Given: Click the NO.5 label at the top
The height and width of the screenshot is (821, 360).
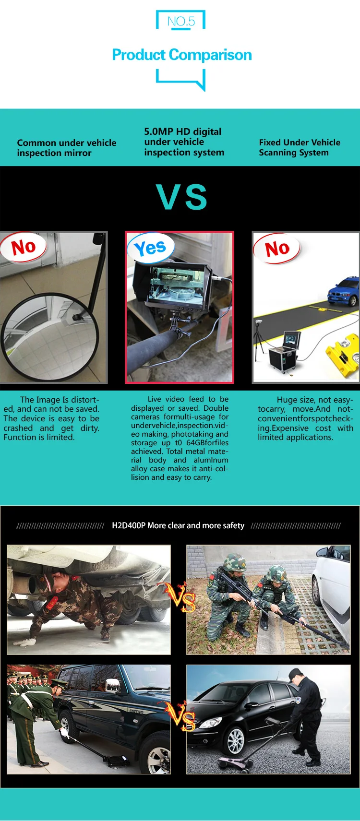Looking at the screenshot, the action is (x=181, y=21).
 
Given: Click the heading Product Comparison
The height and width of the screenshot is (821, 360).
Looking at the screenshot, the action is (x=182, y=55).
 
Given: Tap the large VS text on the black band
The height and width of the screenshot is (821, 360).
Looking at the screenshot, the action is (x=181, y=197).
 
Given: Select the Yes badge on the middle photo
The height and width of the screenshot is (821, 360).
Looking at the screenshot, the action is (x=150, y=248).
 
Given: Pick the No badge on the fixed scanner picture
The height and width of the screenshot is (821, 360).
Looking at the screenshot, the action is (x=277, y=249).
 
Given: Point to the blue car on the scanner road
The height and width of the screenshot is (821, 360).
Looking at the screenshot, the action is (x=343, y=291).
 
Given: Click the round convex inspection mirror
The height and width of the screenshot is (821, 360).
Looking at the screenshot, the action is (x=50, y=337).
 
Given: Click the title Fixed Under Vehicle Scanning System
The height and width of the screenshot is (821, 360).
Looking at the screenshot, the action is (x=300, y=147).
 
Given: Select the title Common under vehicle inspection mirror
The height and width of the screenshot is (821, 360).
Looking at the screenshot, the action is (x=66, y=148).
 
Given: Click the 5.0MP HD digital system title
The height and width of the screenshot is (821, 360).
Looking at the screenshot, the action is (x=184, y=142).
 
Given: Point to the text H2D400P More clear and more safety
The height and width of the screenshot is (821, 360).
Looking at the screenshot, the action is (x=178, y=525).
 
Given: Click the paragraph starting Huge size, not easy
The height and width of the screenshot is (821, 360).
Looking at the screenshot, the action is (x=305, y=418).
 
